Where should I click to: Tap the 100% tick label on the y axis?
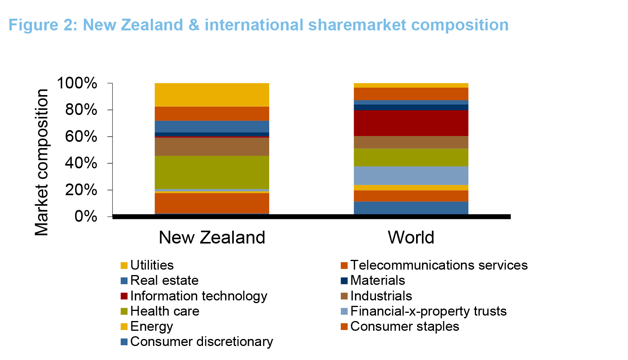click(77, 83)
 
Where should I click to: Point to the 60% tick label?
click(81, 137)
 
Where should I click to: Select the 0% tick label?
click(86, 217)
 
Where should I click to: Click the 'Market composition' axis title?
click(42, 162)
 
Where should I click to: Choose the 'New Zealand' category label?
click(212, 238)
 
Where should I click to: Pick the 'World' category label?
click(411, 238)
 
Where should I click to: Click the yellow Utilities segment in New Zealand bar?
click(212, 95)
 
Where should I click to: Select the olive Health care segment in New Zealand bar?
click(212, 173)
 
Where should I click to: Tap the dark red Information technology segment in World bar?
click(411, 123)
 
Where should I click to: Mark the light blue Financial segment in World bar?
click(411, 175)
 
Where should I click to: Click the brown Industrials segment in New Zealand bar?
click(212, 146)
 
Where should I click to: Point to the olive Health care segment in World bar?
click(411, 157)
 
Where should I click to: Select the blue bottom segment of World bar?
click(411, 208)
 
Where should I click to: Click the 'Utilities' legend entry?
click(147, 265)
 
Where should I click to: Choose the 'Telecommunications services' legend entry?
click(434, 265)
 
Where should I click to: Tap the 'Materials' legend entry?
click(373, 281)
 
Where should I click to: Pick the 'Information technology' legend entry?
click(194, 296)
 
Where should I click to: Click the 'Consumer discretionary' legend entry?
click(197, 342)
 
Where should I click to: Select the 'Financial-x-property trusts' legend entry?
click(423, 311)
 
